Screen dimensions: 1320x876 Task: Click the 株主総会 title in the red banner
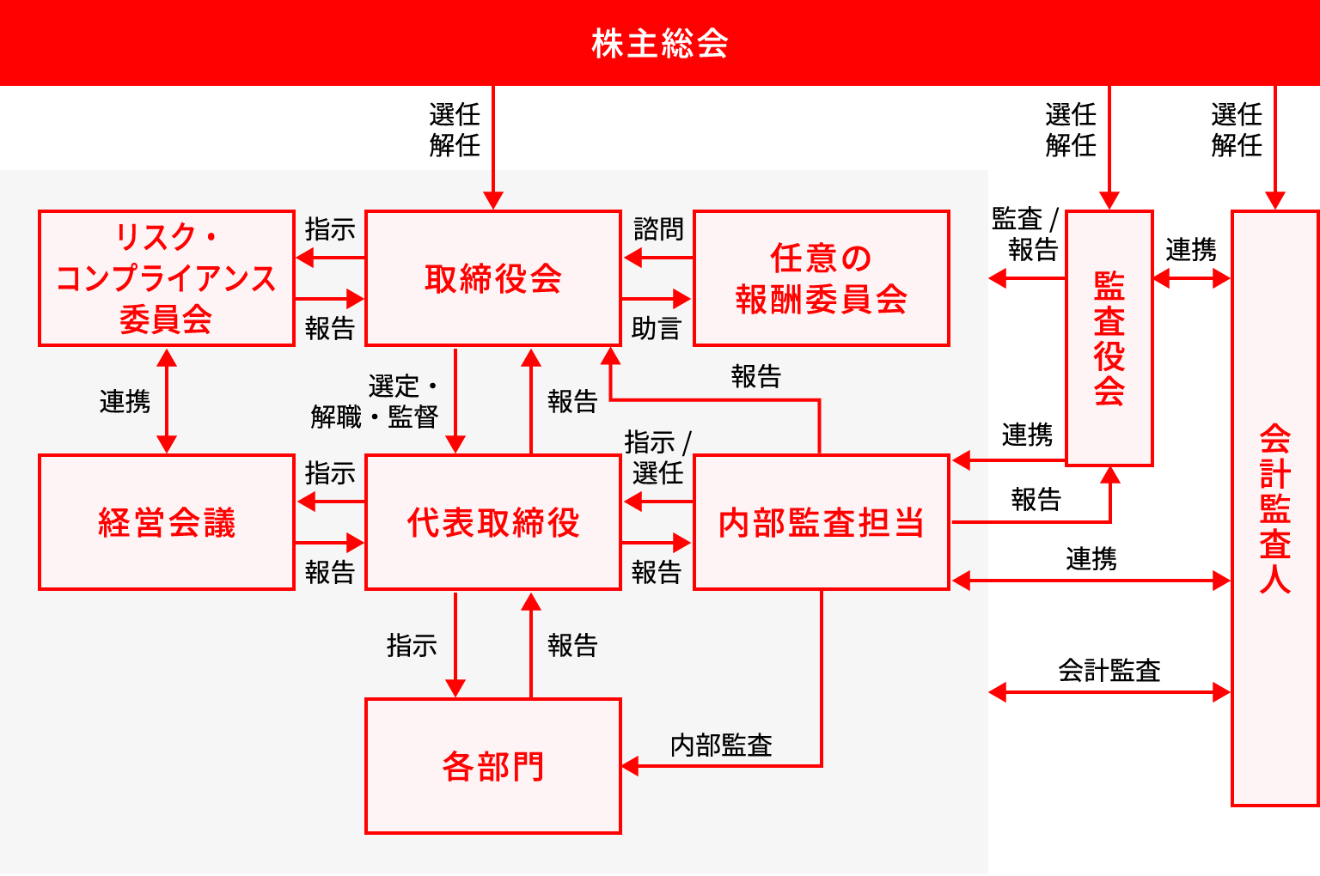click(660, 44)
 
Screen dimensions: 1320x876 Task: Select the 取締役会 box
click(493, 278)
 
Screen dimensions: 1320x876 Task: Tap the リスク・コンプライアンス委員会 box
click(167, 278)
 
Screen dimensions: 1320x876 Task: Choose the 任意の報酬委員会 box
click(822, 278)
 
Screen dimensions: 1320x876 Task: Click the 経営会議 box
click(167, 522)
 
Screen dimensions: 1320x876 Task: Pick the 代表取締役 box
click(493, 522)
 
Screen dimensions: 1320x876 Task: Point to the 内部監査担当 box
click(822, 522)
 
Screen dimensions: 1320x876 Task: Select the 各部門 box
click(493, 766)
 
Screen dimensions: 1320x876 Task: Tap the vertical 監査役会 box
click(1109, 338)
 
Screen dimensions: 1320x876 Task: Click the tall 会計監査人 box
click(1275, 508)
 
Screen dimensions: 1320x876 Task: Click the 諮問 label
click(658, 229)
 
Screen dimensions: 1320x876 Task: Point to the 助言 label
click(657, 328)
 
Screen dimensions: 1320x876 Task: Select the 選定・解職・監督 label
click(375, 402)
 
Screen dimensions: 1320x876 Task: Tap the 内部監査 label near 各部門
click(721, 745)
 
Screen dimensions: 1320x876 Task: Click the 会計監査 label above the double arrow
click(1109, 670)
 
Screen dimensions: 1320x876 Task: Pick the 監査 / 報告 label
click(1026, 234)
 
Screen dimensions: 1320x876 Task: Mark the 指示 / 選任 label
click(657, 458)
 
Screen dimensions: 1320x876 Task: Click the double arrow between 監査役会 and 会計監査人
click(1192, 278)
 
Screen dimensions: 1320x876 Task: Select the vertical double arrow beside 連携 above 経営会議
click(167, 401)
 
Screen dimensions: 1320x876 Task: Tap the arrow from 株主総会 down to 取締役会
click(493, 147)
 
